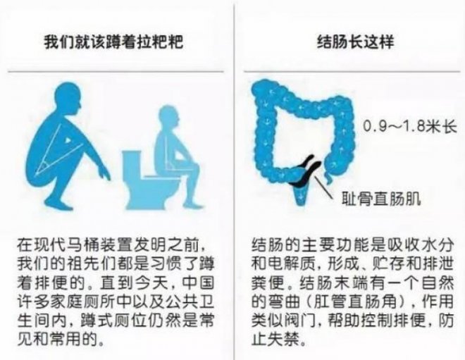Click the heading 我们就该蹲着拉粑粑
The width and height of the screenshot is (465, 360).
[x=113, y=42]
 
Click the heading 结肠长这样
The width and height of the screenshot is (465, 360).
[x=355, y=42]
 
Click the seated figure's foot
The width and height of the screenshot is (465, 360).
[x=193, y=204]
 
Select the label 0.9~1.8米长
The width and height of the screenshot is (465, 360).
[x=410, y=127]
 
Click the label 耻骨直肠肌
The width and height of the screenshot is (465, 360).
[x=381, y=198]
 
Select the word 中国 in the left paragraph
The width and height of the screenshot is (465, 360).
[x=198, y=283]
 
